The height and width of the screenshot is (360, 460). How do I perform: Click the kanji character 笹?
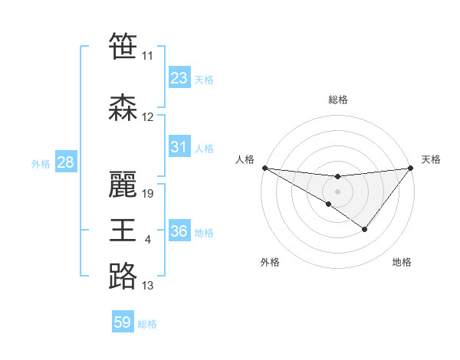[x=123, y=47]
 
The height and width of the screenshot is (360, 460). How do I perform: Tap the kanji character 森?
[x=123, y=109]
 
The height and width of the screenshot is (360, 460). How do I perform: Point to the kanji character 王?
[x=123, y=231]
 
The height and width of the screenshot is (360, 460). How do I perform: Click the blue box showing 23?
[x=179, y=78]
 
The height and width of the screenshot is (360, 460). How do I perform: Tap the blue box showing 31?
[x=179, y=147]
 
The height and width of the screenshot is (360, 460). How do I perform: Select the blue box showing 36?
[x=179, y=231]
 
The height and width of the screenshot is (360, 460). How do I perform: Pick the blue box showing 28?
[x=65, y=162]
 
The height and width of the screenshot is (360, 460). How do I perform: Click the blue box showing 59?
[x=123, y=322]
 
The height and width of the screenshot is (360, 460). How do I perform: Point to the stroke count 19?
[x=149, y=194]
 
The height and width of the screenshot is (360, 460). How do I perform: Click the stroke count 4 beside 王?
[x=148, y=241]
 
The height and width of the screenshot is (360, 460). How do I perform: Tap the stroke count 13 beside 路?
[x=148, y=286]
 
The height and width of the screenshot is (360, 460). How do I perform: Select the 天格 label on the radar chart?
[x=431, y=159]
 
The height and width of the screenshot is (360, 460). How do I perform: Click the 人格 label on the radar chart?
[x=245, y=159]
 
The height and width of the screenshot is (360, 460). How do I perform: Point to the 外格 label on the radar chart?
[x=270, y=262]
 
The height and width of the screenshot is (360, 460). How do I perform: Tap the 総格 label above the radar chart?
[x=337, y=100]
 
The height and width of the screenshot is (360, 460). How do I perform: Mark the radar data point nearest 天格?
[x=411, y=168]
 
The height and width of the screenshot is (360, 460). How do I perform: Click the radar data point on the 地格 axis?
[x=365, y=229]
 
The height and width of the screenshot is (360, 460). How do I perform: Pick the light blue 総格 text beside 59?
[x=147, y=324]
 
